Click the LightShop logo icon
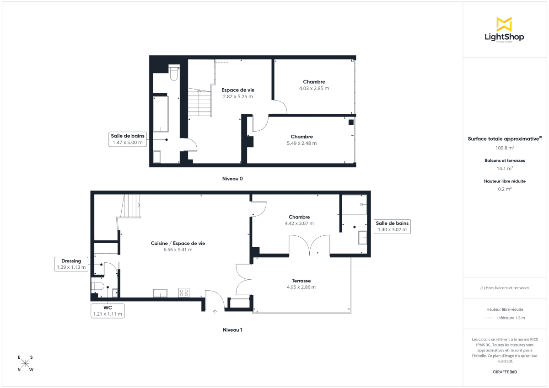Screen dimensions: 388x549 (504, 24)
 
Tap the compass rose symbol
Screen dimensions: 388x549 (26, 363)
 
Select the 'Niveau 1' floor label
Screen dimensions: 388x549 (232, 330)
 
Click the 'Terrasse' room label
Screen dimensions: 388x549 (301, 281)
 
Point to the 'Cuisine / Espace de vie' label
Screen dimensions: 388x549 (178, 243)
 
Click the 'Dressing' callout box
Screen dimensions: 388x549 (71, 264)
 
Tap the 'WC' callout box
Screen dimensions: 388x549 (108, 311)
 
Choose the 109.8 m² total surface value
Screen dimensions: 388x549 (505, 148)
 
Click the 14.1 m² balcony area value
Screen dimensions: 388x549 (505, 168)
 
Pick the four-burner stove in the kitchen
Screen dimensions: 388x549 (184, 292)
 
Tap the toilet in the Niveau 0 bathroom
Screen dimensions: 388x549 (174, 73)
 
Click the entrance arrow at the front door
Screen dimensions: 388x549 (215, 312)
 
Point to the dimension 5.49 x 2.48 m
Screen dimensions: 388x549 (301, 143)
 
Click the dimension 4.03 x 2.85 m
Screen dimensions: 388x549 (314, 88)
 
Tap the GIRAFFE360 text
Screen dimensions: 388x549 (505, 372)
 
